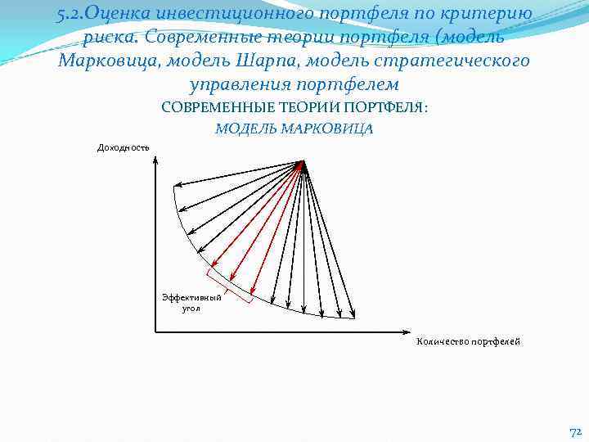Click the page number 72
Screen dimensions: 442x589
[574, 431]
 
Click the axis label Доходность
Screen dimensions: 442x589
[124, 147]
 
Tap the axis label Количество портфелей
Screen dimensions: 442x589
[468, 341]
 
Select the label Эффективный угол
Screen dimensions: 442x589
[191, 303]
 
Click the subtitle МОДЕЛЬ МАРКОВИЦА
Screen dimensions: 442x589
[294, 129]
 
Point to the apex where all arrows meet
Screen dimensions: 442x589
[303, 162]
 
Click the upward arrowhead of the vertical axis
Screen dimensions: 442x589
[155, 156]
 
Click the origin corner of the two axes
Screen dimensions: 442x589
[155, 331]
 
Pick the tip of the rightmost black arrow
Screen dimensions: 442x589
[354, 315]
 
